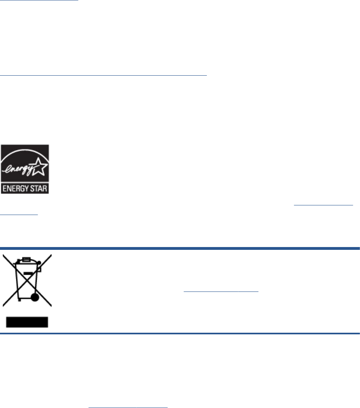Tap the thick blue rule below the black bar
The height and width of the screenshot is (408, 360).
click(x=180, y=333)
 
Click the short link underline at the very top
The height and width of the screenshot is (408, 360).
click(x=39, y=0)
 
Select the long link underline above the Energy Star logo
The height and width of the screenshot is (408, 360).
click(x=104, y=75)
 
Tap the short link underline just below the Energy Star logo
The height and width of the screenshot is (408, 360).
click(x=19, y=215)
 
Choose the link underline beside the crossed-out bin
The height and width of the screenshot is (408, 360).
click(x=221, y=291)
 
